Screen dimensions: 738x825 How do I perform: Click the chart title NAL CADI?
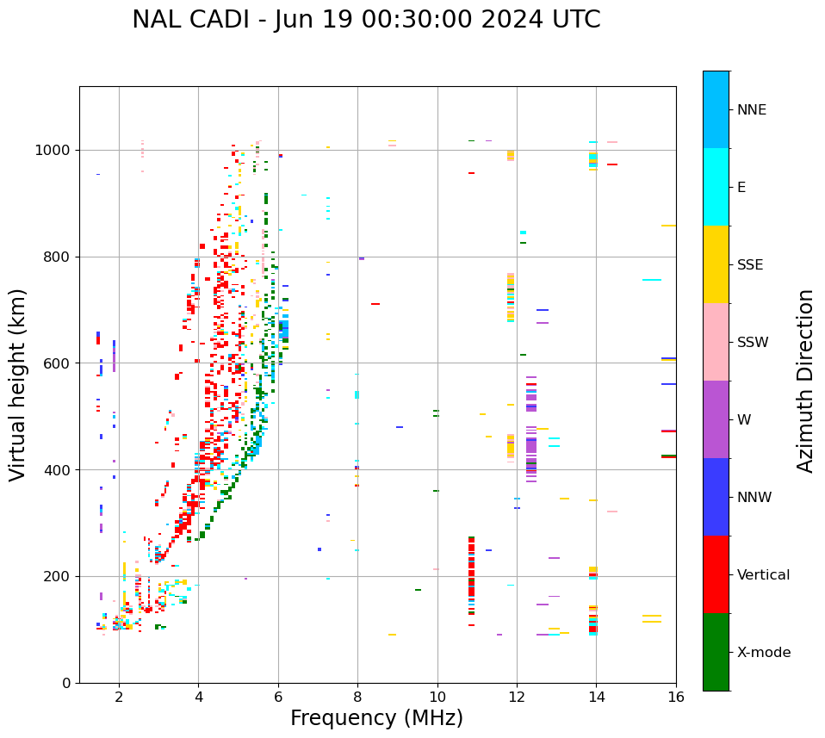click(x=366, y=20)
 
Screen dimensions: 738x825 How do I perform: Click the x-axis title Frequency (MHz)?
click(x=376, y=718)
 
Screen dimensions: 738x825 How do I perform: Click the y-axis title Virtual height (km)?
click(x=18, y=384)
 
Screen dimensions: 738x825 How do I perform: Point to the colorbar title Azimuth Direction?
click(x=805, y=381)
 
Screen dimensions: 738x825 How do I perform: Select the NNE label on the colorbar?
click(x=751, y=110)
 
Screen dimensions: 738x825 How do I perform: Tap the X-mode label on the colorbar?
click(x=763, y=653)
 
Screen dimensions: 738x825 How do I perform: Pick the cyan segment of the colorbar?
click(x=716, y=187)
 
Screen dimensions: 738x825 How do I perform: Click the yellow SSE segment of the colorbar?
click(x=716, y=264)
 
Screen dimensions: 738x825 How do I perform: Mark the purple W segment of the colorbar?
click(x=716, y=419)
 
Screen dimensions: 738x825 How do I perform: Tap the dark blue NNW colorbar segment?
click(x=716, y=497)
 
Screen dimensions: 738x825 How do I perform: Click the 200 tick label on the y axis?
click(x=59, y=576)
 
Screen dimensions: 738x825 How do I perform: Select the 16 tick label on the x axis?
click(x=676, y=697)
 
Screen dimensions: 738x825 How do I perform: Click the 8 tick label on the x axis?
click(x=357, y=697)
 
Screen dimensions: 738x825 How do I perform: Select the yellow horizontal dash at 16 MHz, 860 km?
click(x=668, y=226)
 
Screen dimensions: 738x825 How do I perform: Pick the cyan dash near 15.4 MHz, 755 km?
click(x=652, y=280)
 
